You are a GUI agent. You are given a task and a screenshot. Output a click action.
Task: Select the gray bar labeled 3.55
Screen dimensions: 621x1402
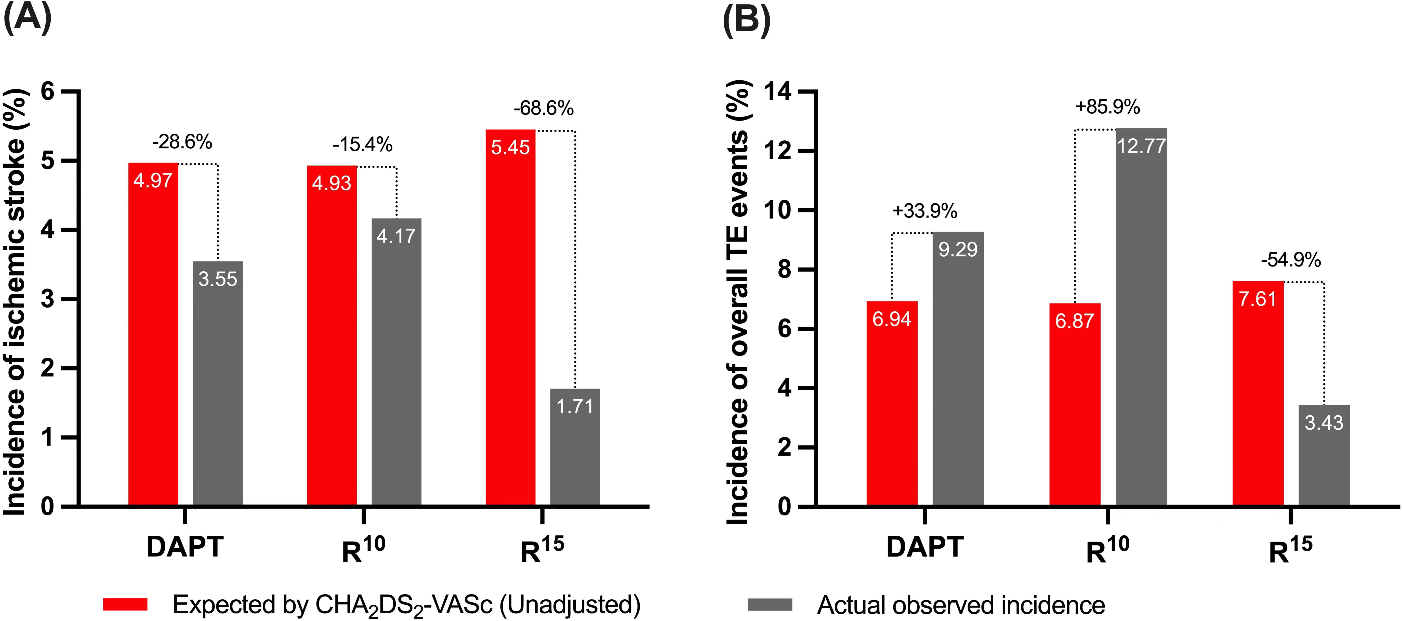tap(218, 384)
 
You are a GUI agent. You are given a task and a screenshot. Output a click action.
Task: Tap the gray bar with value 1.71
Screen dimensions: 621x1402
tap(575, 447)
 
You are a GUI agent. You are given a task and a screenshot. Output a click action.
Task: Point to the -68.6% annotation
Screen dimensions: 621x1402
tap(543, 108)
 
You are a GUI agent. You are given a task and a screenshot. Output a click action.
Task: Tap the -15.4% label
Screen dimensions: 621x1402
tap(362, 144)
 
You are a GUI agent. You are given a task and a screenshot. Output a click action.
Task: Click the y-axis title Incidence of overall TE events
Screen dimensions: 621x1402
tap(738, 302)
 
